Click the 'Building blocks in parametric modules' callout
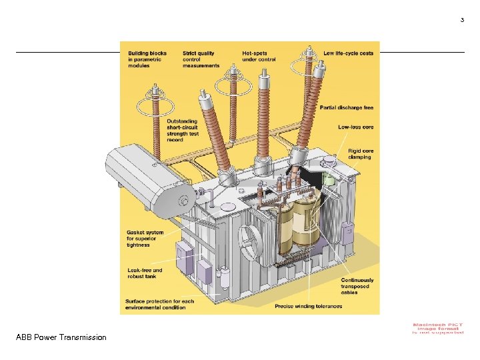(x=147, y=59)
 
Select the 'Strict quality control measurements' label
(x=201, y=59)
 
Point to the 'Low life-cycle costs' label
(x=348, y=53)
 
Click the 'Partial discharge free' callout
(x=347, y=107)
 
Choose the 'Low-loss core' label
(x=356, y=127)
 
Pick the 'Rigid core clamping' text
(x=361, y=154)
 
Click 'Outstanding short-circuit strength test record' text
(x=183, y=131)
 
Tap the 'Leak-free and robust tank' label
(x=145, y=273)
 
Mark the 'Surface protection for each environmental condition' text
(x=159, y=304)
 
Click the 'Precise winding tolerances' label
(x=308, y=307)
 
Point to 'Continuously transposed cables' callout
(x=357, y=287)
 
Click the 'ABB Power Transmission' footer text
(x=61, y=337)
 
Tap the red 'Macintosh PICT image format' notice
(x=438, y=329)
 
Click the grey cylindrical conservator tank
(x=150, y=177)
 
